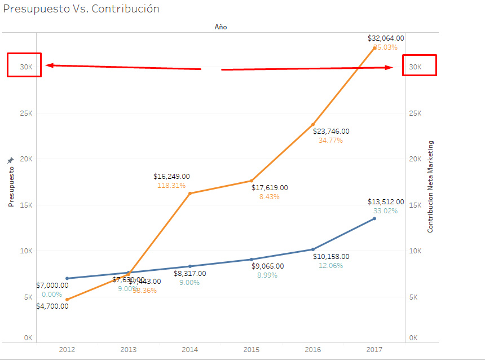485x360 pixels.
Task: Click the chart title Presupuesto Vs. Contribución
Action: tap(81, 9)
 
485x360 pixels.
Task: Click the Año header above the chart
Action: tap(221, 27)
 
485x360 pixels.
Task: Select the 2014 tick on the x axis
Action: tap(190, 349)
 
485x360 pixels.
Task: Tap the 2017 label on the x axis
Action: tap(374, 349)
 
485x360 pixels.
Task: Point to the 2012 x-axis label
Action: tap(67, 349)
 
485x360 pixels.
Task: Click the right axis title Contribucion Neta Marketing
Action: tap(430, 187)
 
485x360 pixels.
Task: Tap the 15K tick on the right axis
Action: tap(415, 205)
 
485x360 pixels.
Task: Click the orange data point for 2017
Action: tap(374, 47)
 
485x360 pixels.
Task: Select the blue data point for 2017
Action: tap(374, 218)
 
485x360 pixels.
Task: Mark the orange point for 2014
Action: tap(190, 194)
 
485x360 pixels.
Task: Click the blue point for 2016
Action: tap(313, 249)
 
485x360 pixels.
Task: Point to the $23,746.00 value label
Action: tap(331, 131)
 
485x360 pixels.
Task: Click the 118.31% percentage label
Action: tap(171, 186)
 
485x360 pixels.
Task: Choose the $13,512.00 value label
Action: tap(386, 202)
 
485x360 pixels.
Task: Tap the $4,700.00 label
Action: tap(52, 306)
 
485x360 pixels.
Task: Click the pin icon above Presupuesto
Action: tap(10, 161)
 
